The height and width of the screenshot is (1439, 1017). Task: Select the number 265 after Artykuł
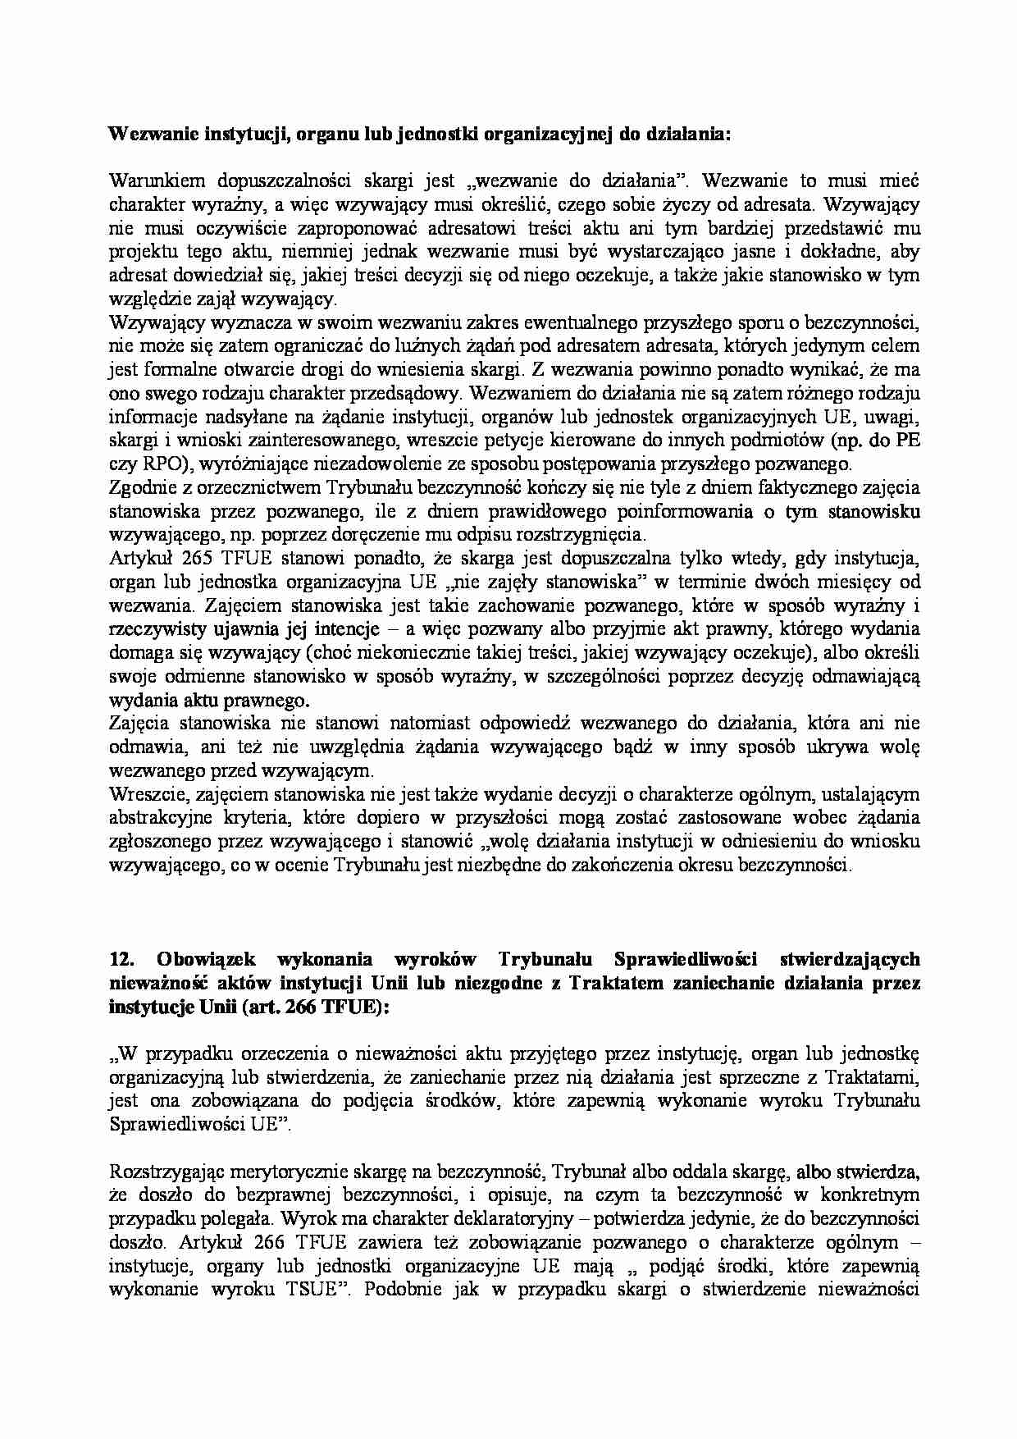(x=213, y=559)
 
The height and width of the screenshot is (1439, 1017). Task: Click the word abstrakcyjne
(x=156, y=818)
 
